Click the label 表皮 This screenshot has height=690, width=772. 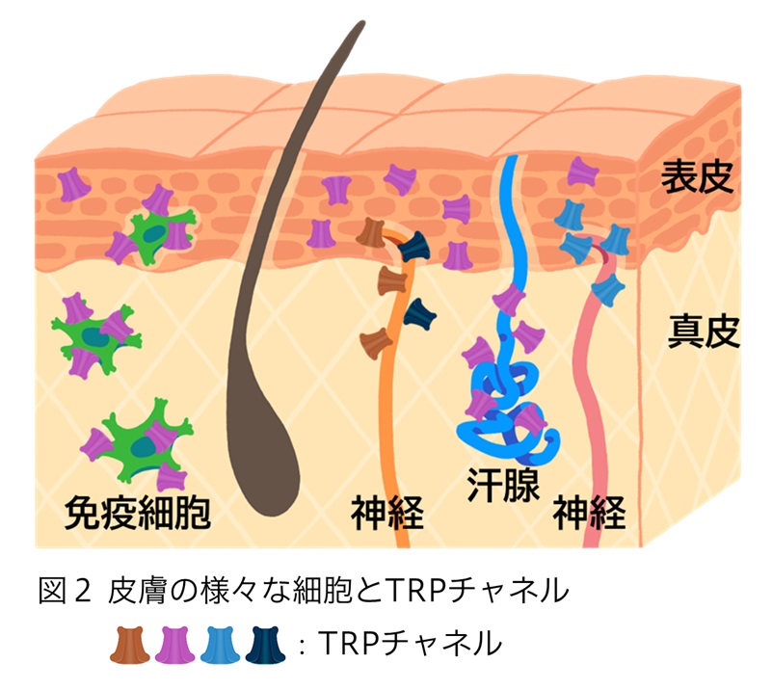[x=698, y=179]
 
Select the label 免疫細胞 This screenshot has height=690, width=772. [x=137, y=512]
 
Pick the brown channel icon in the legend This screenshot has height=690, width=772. [x=130, y=642]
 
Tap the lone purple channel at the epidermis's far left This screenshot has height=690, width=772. [x=73, y=183]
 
